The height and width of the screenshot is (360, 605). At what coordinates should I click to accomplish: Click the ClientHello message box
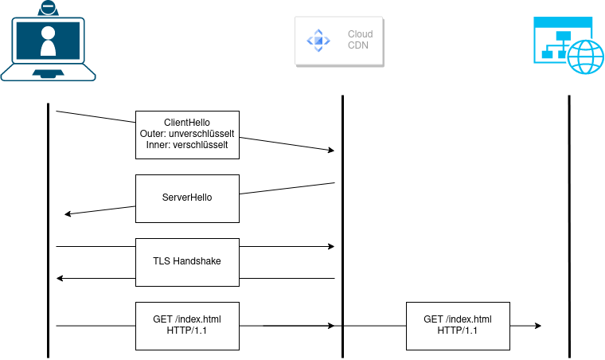[x=187, y=135]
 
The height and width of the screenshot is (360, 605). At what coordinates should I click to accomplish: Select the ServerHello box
[x=187, y=198]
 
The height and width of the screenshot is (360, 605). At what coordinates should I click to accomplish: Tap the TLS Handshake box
[x=187, y=262]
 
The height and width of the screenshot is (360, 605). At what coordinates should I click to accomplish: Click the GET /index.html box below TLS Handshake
[x=187, y=325]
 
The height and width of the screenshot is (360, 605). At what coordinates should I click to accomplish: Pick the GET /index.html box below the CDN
[x=458, y=325]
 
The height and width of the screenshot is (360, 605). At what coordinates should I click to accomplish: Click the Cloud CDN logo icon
[x=318, y=40]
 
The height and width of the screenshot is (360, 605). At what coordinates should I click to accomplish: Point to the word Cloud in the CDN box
[x=360, y=34]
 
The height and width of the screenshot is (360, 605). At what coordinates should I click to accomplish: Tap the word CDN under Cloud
[x=358, y=46]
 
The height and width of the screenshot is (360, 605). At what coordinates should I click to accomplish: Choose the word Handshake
[x=197, y=261]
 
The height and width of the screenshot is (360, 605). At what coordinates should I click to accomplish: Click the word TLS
[x=162, y=261]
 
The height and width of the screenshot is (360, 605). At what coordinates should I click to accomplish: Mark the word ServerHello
[x=187, y=198]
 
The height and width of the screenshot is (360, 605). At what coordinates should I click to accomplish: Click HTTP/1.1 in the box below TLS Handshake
[x=187, y=331]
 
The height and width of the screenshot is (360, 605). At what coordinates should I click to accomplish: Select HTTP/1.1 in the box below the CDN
[x=458, y=331]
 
